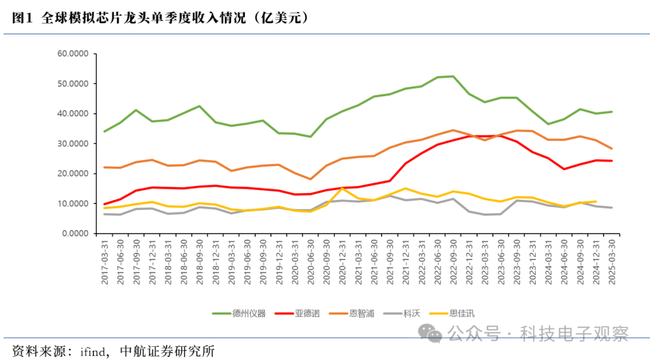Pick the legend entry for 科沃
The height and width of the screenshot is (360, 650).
411,313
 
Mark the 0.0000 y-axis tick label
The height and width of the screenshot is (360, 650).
76,233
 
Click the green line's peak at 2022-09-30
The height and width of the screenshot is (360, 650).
453,76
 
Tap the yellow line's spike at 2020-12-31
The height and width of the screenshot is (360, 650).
342,188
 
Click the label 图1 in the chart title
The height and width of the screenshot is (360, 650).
22,19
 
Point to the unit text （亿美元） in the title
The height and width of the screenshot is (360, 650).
281,19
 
